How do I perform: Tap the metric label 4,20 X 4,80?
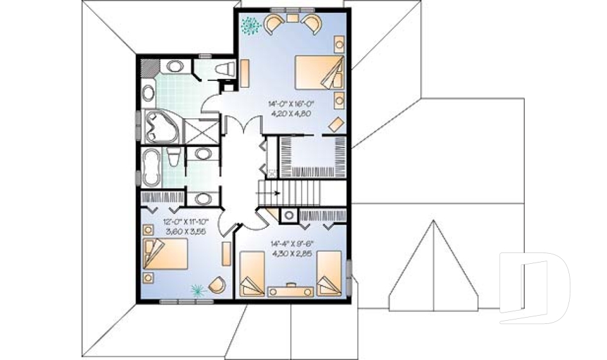pos(294,115)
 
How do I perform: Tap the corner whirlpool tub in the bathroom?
pos(161,127)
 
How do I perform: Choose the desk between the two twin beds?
pos(291,290)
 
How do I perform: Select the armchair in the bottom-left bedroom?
pos(216,284)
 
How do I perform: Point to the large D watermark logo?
pos(534,288)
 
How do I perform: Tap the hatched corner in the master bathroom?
pos(147,67)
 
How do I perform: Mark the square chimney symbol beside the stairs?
pos(288,216)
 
